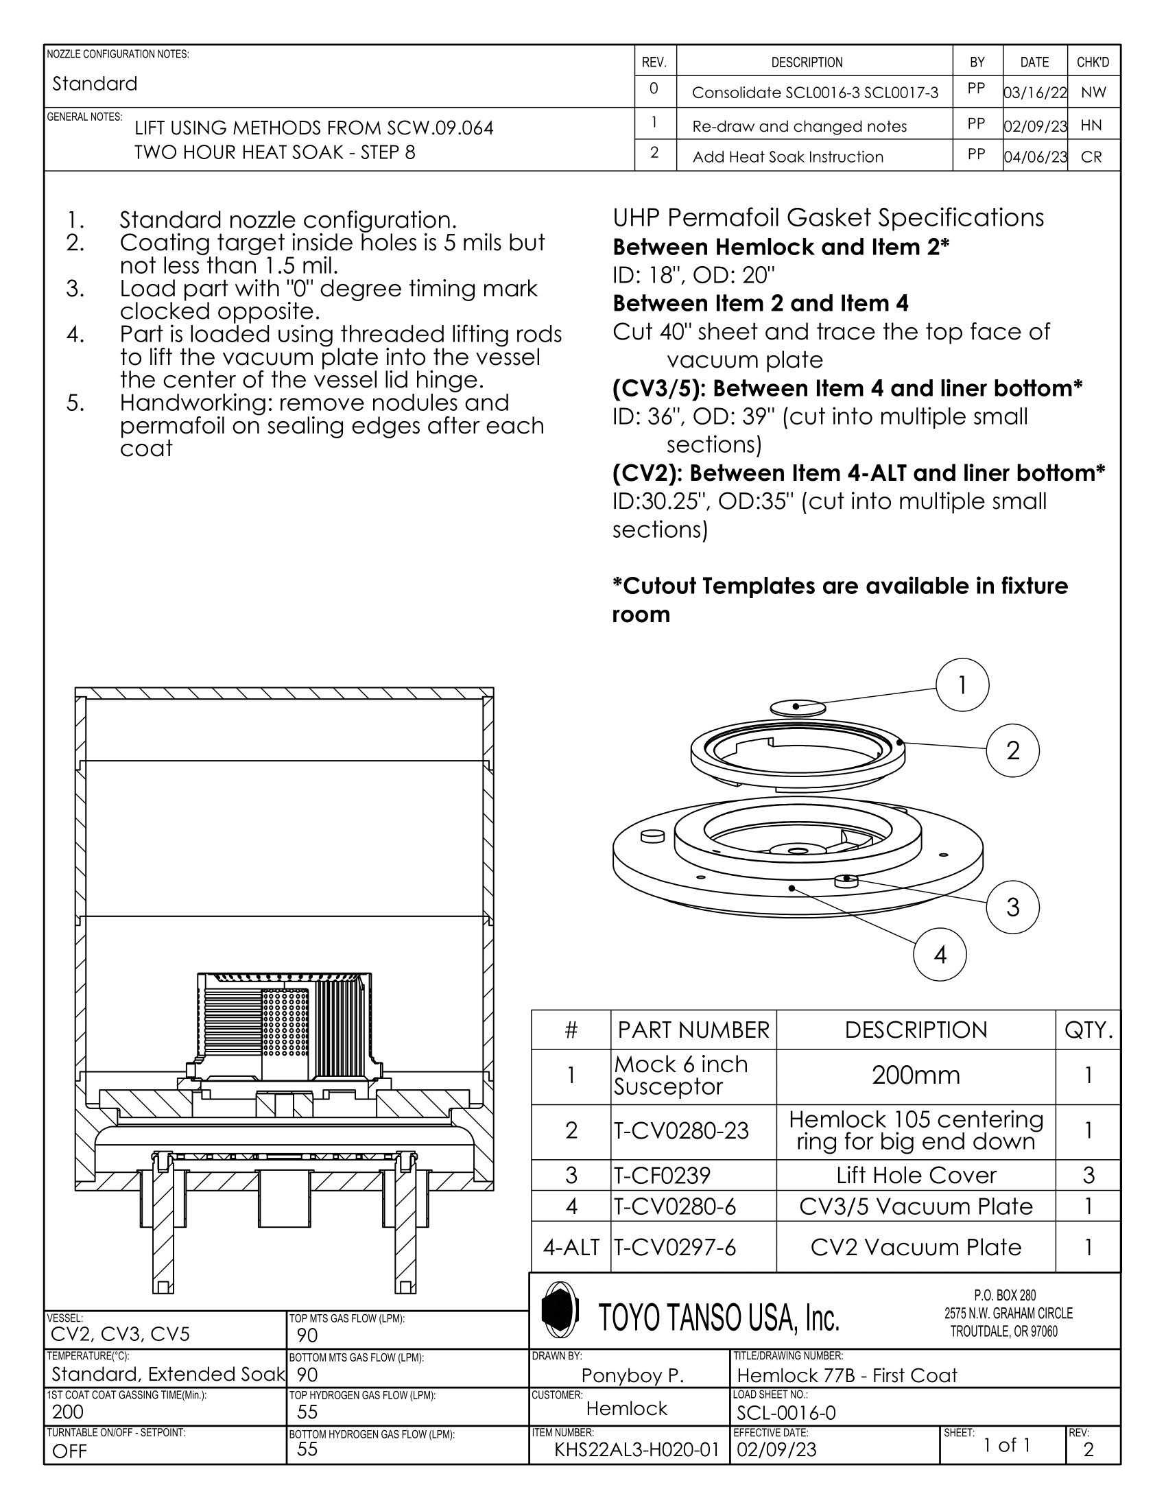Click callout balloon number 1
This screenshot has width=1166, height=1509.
click(962, 685)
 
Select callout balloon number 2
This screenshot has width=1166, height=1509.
click(1012, 750)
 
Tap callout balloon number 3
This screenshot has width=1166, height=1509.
click(1012, 907)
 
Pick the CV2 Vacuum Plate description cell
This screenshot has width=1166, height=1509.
click(915, 1246)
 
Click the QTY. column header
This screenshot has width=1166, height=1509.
click(1088, 1030)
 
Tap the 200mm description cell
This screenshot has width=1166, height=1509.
click(915, 1075)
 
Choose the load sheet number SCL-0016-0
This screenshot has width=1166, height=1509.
click(786, 1413)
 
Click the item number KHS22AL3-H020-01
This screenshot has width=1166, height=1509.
click(636, 1449)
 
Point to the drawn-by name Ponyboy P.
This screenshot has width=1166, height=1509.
click(632, 1375)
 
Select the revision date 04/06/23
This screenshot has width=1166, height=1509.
click(1035, 157)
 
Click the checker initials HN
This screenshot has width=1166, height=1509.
click(1091, 126)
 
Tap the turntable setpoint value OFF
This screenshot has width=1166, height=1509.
click(70, 1451)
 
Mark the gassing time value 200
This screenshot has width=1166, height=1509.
click(68, 1412)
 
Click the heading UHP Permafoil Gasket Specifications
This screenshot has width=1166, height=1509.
click(828, 217)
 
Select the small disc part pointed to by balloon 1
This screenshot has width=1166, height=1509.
click(798, 708)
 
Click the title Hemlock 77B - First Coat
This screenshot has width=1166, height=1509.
click(847, 1375)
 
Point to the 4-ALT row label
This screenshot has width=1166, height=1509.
click(571, 1246)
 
